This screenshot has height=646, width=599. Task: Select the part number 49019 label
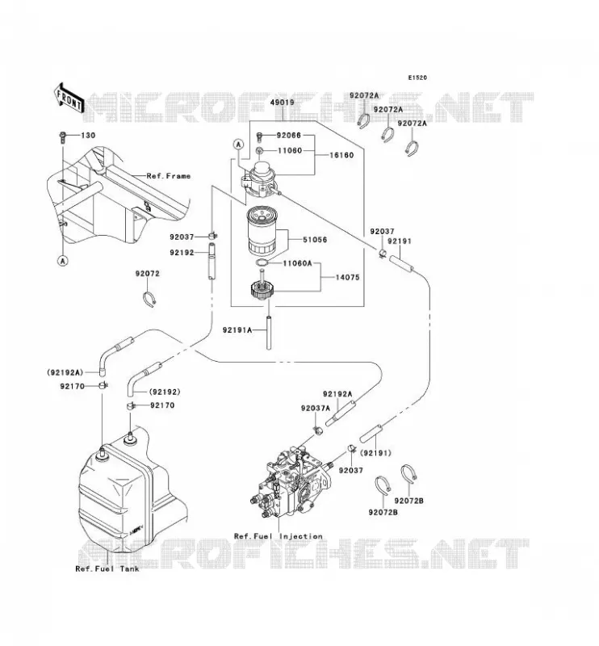[x=283, y=103]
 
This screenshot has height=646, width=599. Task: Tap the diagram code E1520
[x=417, y=78]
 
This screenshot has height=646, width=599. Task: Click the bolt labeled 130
[x=63, y=137]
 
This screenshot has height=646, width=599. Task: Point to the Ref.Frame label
[x=169, y=176]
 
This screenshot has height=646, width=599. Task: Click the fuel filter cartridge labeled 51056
[x=263, y=231]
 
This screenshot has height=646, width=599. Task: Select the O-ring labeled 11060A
[x=262, y=263]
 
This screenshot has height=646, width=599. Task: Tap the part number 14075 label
[x=347, y=277]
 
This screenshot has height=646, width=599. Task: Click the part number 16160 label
[x=341, y=155]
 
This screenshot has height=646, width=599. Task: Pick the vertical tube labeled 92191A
[x=269, y=333]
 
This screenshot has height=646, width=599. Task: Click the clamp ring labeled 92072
[x=149, y=298]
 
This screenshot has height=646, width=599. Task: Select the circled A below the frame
[x=63, y=261]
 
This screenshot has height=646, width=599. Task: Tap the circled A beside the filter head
[x=238, y=145]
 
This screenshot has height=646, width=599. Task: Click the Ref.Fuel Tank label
[x=107, y=569]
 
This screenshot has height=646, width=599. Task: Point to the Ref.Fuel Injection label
[x=279, y=536]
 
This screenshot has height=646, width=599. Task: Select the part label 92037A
[x=316, y=409]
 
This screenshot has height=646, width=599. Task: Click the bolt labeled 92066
[x=259, y=136]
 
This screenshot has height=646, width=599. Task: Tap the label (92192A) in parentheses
[x=65, y=372]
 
